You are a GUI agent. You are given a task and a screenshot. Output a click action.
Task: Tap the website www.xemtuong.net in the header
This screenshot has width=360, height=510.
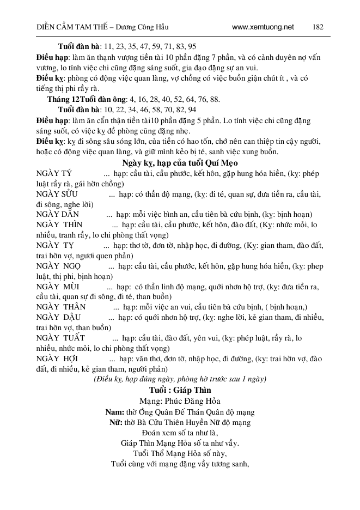[263, 26]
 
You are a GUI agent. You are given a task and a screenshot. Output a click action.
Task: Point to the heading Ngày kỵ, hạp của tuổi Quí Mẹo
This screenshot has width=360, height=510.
[179, 162]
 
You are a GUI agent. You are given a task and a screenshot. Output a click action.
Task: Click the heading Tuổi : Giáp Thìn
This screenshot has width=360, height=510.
[179, 390]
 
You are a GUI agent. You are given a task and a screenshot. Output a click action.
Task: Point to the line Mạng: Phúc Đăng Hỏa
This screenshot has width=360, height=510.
[179, 401]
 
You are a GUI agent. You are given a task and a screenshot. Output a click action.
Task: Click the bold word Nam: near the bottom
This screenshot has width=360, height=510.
[114, 411]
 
